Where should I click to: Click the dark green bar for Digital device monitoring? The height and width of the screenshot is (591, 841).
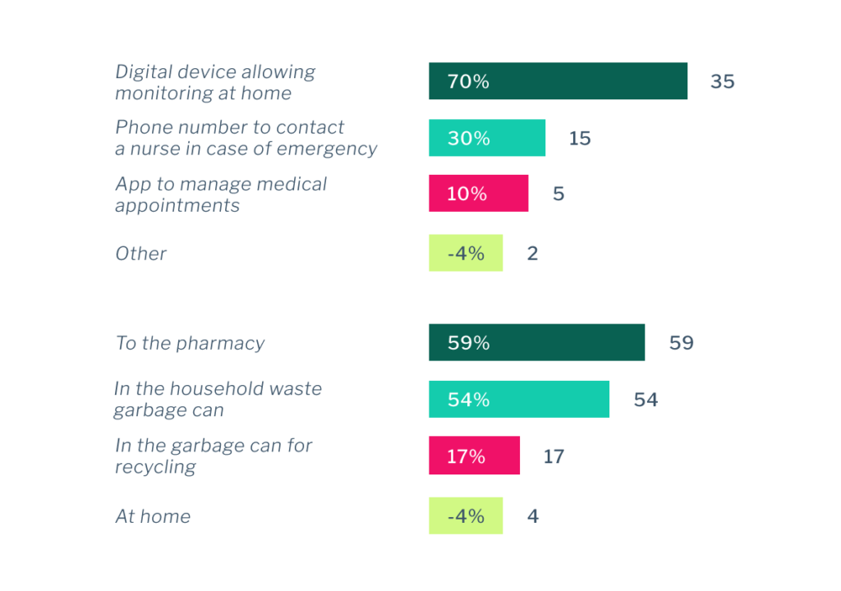[x=558, y=81]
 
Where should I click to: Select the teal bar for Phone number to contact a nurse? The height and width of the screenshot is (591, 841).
[x=486, y=138]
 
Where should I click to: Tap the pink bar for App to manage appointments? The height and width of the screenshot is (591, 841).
[x=478, y=194]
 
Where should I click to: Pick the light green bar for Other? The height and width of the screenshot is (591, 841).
[x=465, y=253]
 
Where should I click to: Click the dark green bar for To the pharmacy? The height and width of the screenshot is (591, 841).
[x=536, y=342]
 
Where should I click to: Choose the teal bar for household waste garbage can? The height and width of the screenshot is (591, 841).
[x=518, y=399]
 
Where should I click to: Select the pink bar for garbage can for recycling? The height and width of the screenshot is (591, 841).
[x=474, y=456]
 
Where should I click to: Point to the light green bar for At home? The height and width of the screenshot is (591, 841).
[x=465, y=515]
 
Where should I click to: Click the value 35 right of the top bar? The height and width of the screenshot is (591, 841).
[x=722, y=82]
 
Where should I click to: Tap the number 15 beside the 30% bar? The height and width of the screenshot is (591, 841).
[x=579, y=139]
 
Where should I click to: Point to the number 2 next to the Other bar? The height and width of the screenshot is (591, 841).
[x=532, y=254]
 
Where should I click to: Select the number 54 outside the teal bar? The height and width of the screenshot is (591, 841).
[x=646, y=400]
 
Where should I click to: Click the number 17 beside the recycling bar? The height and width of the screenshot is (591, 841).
[x=554, y=456]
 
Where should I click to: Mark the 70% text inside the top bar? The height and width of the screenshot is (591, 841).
[x=468, y=82]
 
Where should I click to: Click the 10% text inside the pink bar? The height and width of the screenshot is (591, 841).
[x=466, y=195]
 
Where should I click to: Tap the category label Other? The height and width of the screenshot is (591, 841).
[x=140, y=254]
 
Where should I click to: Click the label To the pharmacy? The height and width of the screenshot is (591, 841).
[x=190, y=343]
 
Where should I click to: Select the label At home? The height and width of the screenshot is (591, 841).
[x=153, y=516]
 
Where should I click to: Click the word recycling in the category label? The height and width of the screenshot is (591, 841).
[x=155, y=467]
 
